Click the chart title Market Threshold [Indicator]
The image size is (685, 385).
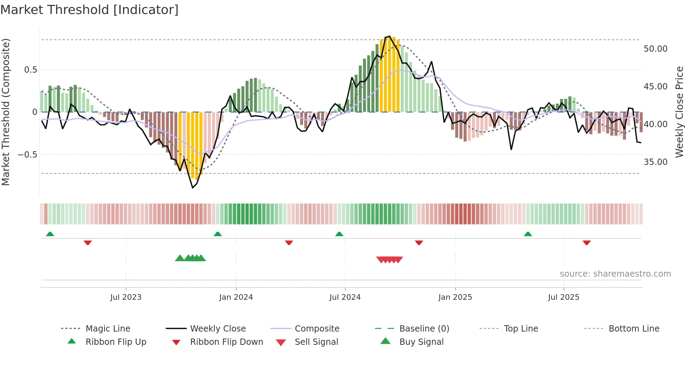(89, 10)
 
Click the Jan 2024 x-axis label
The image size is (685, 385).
(236, 297)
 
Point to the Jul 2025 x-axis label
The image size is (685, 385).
(563, 297)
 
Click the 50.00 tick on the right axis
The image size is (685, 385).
(655, 49)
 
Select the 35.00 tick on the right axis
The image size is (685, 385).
(655, 162)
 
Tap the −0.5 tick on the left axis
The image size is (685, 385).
(28, 155)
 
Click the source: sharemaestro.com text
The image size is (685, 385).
(615, 274)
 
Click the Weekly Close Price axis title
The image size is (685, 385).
(679, 112)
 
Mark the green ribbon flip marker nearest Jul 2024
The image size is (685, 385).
(339, 234)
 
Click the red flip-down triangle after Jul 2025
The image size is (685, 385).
(586, 242)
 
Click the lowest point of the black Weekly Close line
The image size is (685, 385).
(193, 188)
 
